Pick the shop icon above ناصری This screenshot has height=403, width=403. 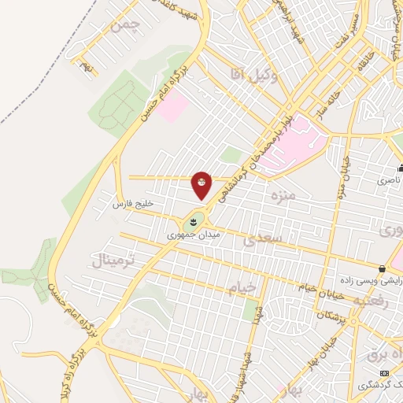coord(400,168)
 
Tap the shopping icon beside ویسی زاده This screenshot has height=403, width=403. coord(382,268)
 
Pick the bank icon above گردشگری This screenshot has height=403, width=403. coord(383,372)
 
